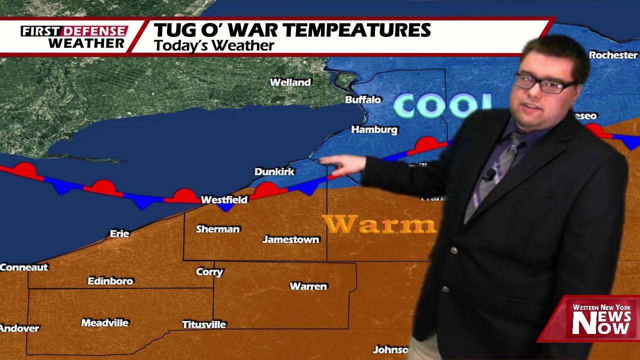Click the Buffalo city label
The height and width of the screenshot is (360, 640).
pyautogui.click(x=363, y=99)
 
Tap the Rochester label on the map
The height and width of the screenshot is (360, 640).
pyautogui.click(x=613, y=55)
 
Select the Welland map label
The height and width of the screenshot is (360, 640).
pyautogui.click(x=290, y=82)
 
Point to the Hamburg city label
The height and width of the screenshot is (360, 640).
pyautogui.click(x=374, y=129)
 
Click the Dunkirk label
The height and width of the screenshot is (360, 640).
pyautogui.click(x=274, y=171)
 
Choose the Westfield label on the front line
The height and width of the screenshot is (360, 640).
pyautogui.click(x=224, y=199)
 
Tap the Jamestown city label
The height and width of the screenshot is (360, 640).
pyautogui.click(x=290, y=239)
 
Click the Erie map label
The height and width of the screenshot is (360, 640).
pyautogui.click(x=119, y=233)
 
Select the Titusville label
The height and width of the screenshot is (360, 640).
pyautogui.click(x=204, y=324)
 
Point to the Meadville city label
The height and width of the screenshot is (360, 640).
pyautogui.click(x=105, y=323)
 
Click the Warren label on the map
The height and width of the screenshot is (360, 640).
pyautogui.click(x=308, y=286)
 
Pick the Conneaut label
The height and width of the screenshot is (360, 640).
pyautogui.click(x=23, y=267)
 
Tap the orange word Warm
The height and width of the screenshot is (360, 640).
pyautogui.click(x=379, y=224)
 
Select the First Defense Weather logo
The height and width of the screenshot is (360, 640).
pyautogui.click(x=74, y=37)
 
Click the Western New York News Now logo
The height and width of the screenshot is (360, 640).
pyautogui.click(x=601, y=319)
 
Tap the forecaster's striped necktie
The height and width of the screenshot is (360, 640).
pyautogui.click(x=501, y=165)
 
